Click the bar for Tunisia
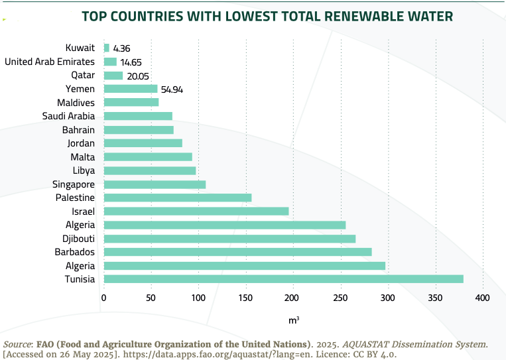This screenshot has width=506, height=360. click(x=283, y=279)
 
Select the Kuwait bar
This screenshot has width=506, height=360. click(x=107, y=48)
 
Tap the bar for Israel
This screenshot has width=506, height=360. click(x=196, y=211)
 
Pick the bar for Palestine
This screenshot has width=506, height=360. click(x=178, y=198)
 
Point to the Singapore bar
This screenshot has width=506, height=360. click(x=155, y=184)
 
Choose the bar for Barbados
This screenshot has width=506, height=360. click(x=237, y=252)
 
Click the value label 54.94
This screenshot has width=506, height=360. click(x=172, y=89)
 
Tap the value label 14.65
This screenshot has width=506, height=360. click(x=132, y=62)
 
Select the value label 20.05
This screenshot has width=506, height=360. click(x=138, y=76)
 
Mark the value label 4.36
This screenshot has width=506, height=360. click(x=122, y=48)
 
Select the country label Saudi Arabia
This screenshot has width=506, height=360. click(x=69, y=116)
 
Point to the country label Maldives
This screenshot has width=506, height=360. click(x=76, y=103)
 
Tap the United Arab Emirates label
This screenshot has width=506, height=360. click(x=50, y=62)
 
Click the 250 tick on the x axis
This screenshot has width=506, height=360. click(x=340, y=298)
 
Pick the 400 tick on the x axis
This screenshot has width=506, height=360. click(x=482, y=298)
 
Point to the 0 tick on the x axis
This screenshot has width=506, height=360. click(x=103, y=298)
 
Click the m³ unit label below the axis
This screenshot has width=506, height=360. click(x=293, y=320)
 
